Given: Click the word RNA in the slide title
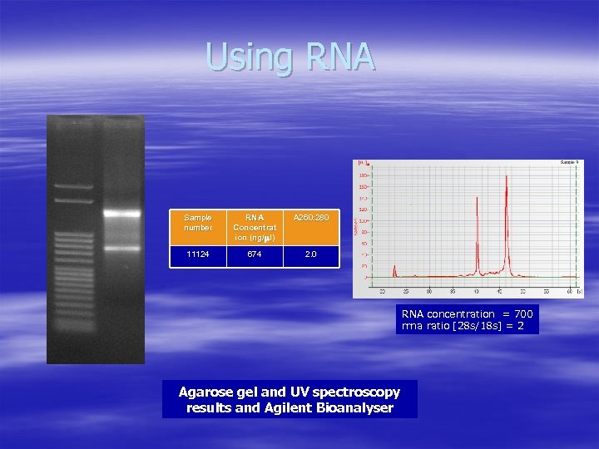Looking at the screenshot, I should (341, 57).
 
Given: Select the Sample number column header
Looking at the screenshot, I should (198, 223).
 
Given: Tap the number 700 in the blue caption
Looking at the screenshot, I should (523, 314).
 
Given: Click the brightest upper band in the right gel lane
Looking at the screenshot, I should (121, 213).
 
